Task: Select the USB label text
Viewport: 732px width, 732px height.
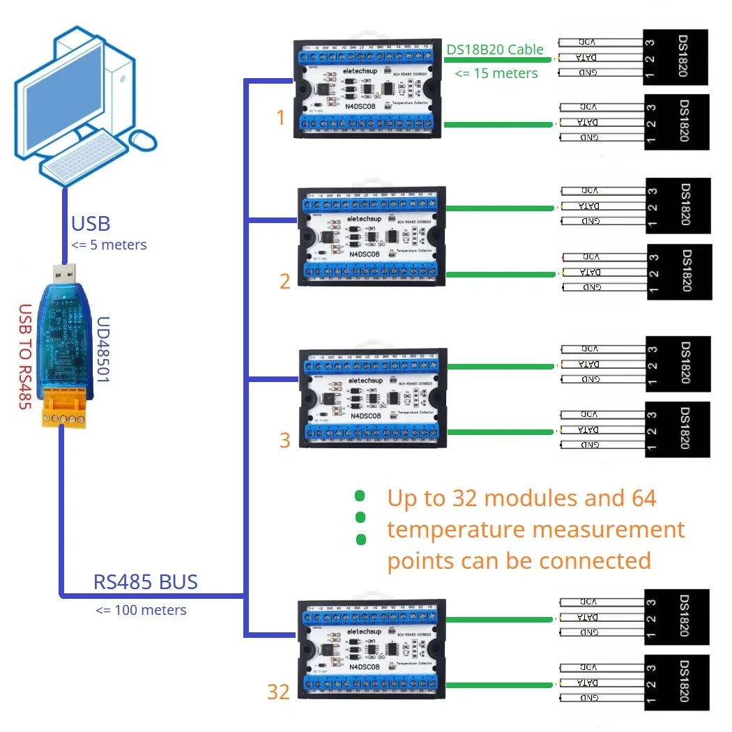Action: point(91,224)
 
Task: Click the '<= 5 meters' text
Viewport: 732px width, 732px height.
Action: point(109,245)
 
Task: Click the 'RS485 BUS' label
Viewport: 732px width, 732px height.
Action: point(145,582)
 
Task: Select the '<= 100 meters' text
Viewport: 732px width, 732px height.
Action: point(142,610)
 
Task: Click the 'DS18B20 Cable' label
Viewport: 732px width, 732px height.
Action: point(494,49)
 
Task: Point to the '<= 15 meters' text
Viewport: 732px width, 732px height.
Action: point(496,73)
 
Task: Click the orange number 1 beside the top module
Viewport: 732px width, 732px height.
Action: point(281,118)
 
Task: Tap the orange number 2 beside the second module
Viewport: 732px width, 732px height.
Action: point(284,282)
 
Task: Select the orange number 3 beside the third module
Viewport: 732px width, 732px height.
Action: point(284,440)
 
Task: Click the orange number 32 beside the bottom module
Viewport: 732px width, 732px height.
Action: point(278,692)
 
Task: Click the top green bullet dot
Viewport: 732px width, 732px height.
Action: point(360,496)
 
